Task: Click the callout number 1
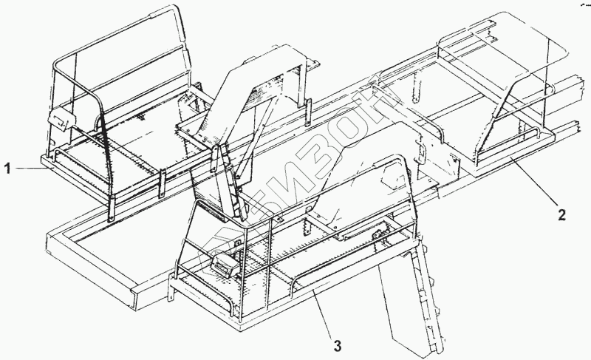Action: click(8, 169)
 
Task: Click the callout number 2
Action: click(562, 216)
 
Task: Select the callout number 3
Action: click(338, 344)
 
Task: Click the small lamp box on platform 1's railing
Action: click(58, 118)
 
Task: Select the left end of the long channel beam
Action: click(55, 244)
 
